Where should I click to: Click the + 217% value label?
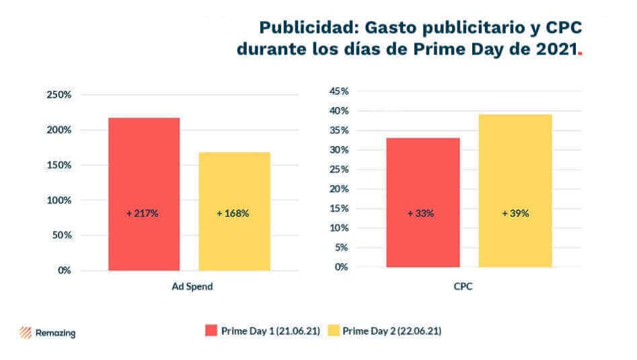click(x=143, y=213)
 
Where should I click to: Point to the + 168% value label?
click(x=233, y=213)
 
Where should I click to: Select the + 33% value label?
click(x=421, y=213)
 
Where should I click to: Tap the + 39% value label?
click(x=515, y=213)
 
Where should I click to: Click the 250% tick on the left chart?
click(x=59, y=95)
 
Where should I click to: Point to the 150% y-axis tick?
click(x=59, y=165)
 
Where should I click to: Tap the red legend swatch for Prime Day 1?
click(x=211, y=331)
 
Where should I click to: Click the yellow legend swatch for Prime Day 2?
click(x=333, y=331)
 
